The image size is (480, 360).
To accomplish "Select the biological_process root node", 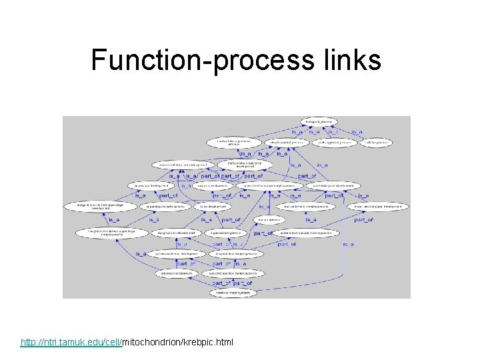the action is pyautogui.click(x=319, y=122).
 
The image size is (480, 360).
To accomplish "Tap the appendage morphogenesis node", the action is pyautogui.click(x=163, y=207).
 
